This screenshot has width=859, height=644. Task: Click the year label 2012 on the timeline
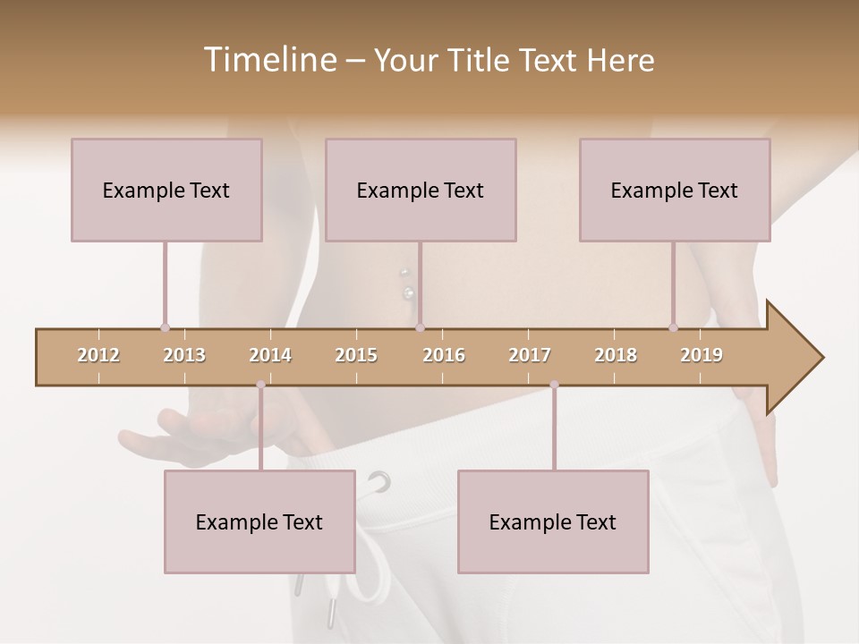pyautogui.click(x=98, y=355)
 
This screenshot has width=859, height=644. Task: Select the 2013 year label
pyautogui.click(x=184, y=355)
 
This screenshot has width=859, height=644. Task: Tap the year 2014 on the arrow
pyautogui.click(x=270, y=355)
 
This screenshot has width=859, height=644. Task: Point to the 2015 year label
pyautogui.click(x=356, y=355)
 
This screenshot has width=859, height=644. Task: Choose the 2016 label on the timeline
pyautogui.click(x=444, y=355)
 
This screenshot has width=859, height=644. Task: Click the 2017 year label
pyautogui.click(x=530, y=355)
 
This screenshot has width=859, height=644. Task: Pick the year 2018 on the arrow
pyautogui.click(x=616, y=355)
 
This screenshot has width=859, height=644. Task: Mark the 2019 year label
pyautogui.click(x=702, y=355)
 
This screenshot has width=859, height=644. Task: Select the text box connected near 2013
pyautogui.click(x=166, y=190)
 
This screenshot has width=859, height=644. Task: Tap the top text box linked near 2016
pyautogui.click(x=421, y=190)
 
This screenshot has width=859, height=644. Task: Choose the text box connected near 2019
pyautogui.click(x=675, y=190)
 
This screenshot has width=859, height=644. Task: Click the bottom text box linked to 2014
pyautogui.click(x=259, y=521)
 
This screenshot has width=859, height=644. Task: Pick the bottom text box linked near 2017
pyautogui.click(x=553, y=521)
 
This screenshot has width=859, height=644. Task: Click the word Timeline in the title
pyautogui.click(x=268, y=60)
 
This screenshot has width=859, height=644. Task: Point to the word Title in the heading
pyautogui.click(x=483, y=60)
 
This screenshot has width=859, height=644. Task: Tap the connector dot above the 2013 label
pyautogui.click(x=165, y=328)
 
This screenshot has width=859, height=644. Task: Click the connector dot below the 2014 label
pyautogui.click(x=260, y=385)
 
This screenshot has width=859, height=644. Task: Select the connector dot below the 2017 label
pyautogui.click(x=554, y=385)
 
